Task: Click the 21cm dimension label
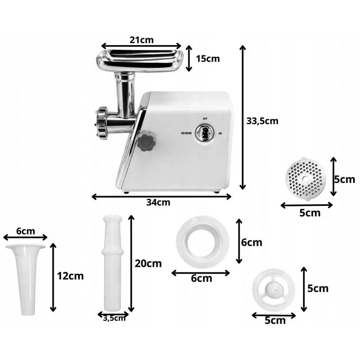pyautogui.click(x=141, y=40)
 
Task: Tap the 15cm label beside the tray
pyautogui.click(x=208, y=59)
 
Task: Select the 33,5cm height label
pyautogui.click(x=262, y=121)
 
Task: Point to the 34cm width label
pyautogui.click(x=158, y=202)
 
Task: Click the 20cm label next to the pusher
pyautogui.click(x=148, y=264)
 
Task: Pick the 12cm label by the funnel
pyautogui.click(x=70, y=276)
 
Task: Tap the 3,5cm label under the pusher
pyautogui.click(x=114, y=319)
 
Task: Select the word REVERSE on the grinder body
pyautogui.click(x=186, y=133)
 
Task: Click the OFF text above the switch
pyautogui.click(x=205, y=119)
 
